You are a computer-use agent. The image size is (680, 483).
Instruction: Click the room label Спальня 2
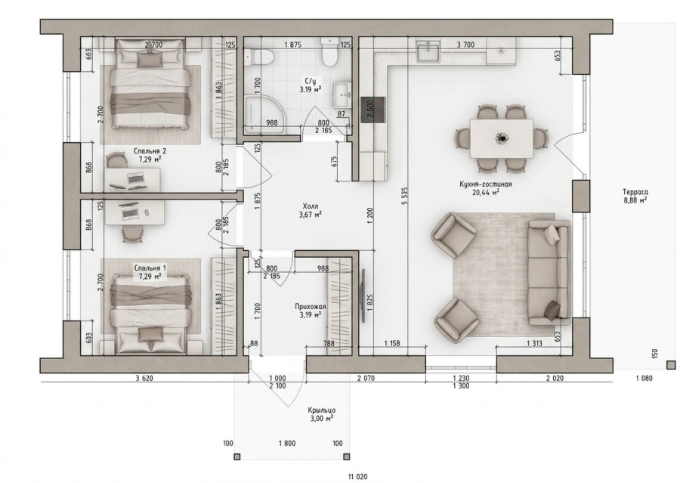150,151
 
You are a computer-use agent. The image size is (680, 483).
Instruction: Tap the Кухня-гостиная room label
486,184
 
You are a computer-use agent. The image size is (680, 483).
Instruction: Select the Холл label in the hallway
311,206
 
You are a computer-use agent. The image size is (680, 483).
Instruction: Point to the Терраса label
635,192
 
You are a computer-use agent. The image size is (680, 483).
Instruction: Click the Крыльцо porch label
322,410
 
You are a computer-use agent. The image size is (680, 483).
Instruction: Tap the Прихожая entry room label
311,307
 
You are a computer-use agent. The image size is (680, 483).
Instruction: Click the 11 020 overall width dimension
357,476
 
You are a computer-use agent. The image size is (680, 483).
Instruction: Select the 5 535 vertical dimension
405,195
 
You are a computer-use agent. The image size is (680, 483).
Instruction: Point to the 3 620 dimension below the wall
144,379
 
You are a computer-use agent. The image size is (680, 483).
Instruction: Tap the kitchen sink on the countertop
428,51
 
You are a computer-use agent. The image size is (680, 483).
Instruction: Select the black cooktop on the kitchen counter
372,110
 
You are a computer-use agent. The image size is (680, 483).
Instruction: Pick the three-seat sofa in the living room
549,272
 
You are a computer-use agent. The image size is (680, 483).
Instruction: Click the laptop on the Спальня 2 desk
136,178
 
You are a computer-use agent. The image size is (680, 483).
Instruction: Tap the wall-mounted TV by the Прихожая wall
363,295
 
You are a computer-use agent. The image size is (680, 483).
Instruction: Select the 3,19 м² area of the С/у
311,90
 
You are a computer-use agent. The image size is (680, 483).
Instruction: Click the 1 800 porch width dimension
287,444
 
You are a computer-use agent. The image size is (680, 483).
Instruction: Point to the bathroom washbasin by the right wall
342,94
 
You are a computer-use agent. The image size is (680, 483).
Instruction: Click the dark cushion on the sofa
552,308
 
